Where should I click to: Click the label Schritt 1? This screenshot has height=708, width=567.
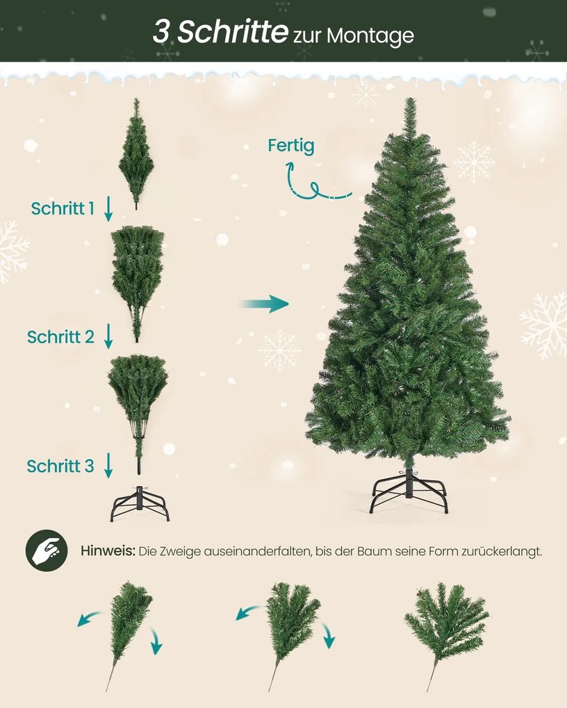[x=63, y=208]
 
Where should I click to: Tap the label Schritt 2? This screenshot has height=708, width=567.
[x=60, y=337]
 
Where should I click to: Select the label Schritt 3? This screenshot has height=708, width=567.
[x=60, y=466]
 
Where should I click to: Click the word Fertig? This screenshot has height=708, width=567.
[x=291, y=146]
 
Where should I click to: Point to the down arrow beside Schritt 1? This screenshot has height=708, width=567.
[x=108, y=208]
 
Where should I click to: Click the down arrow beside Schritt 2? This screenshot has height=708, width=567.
[x=108, y=337]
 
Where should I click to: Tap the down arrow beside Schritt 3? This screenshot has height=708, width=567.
[x=108, y=466]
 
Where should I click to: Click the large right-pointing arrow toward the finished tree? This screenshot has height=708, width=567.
[x=263, y=303]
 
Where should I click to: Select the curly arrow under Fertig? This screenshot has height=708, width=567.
[x=313, y=183]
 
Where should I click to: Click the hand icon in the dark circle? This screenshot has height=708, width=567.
[x=46, y=551]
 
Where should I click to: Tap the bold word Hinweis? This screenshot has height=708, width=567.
[x=107, y=551]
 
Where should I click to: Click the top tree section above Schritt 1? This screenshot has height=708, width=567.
[x=135, y=153]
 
